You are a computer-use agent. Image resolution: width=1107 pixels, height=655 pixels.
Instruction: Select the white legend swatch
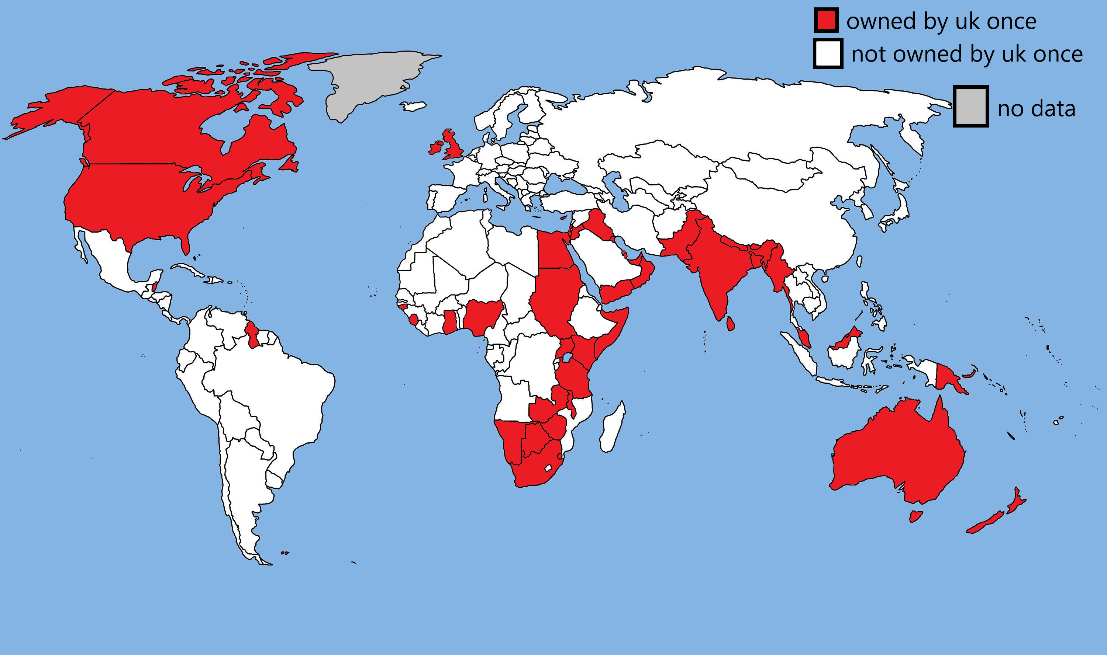pos(828,54)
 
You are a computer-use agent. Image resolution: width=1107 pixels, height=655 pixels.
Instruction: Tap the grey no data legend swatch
pos(970,107)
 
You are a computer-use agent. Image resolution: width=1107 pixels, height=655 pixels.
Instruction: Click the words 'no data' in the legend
pos(1036,109)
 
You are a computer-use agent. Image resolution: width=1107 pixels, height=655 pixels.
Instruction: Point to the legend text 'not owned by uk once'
pos(966,54)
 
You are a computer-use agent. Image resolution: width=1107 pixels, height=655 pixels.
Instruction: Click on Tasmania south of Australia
pos(916,516)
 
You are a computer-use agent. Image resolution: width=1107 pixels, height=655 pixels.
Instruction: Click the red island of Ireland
pos(435,147)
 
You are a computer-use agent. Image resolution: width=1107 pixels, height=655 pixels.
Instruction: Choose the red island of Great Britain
pos(453,143)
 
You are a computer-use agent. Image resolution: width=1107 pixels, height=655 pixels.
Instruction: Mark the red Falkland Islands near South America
pos(285,553)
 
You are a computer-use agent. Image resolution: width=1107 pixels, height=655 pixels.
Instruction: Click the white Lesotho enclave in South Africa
pos(548,467)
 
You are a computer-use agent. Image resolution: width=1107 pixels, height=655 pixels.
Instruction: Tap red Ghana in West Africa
pos(450,322)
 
